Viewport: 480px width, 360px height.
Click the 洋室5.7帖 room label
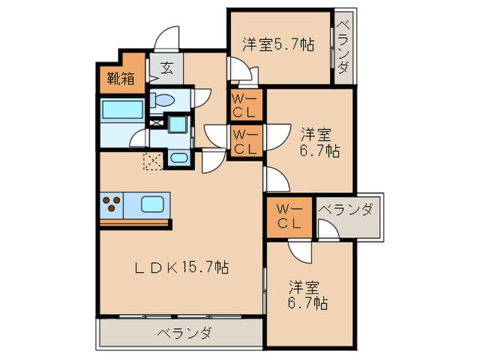(x=278, y=45)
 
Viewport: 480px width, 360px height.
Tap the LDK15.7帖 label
(x=182, y=269)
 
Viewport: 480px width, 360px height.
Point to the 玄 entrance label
(x=167, y=67)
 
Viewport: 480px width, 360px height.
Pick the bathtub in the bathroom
(x=121, y=110)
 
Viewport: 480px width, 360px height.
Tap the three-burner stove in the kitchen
(x=114, y=204)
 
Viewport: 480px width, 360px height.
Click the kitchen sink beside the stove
(x=152, y=204)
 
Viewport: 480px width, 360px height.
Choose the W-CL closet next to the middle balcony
(x=289, y=215)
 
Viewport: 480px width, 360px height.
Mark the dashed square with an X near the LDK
(x=151, y=160)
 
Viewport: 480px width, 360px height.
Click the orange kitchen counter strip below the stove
(x=134, y=222)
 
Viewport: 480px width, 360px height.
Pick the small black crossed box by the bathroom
(x=155, y=124)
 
